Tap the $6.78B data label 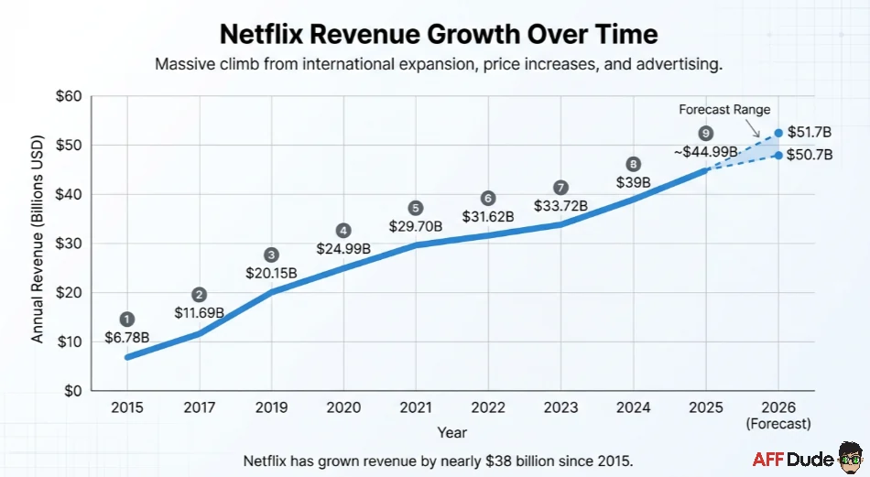point(126,337)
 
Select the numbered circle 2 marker point(199,295)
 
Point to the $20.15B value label point(270,273)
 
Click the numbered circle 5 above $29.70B point(416,208)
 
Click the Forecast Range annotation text point(724,110)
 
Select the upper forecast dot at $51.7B point(778,133)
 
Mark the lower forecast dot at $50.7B point(778,155)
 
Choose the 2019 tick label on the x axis point(271,407)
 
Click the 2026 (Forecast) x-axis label point(778,415)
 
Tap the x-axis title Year point(451,432)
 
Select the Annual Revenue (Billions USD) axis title point(38,244)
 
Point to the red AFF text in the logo point(769,459)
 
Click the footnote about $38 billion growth point(438,459)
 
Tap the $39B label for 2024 point(632,182)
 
